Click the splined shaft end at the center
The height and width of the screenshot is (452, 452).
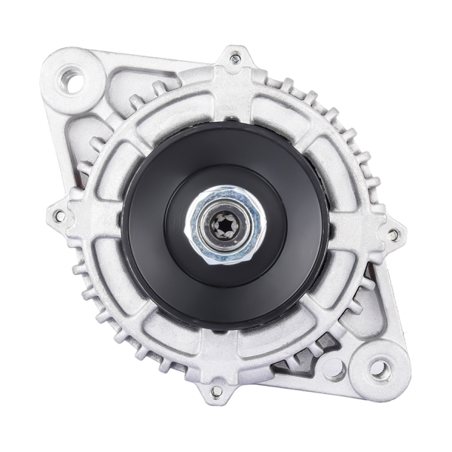pyautogui.click(x=225, y=224)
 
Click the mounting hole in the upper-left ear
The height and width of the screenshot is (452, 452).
pyautogui.click(x=73, y=79)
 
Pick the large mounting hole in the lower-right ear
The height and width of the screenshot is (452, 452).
pyautogui.click(x=380, y=368)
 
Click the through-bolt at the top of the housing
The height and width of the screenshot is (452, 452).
pyautogui.click(x=235, y=58)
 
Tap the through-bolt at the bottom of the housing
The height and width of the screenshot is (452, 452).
pyautogui.click(x=217, y=391)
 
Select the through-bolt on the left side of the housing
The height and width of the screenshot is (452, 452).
pyautogui.click(x=59, y=216)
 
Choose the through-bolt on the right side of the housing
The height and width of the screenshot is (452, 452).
pyautogui.click(x=392, y=234)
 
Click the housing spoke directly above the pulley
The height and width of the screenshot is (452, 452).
pyautogui.click(x=232, y=98)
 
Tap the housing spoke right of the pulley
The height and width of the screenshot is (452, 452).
pyautogui.click(x=354, y=230)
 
